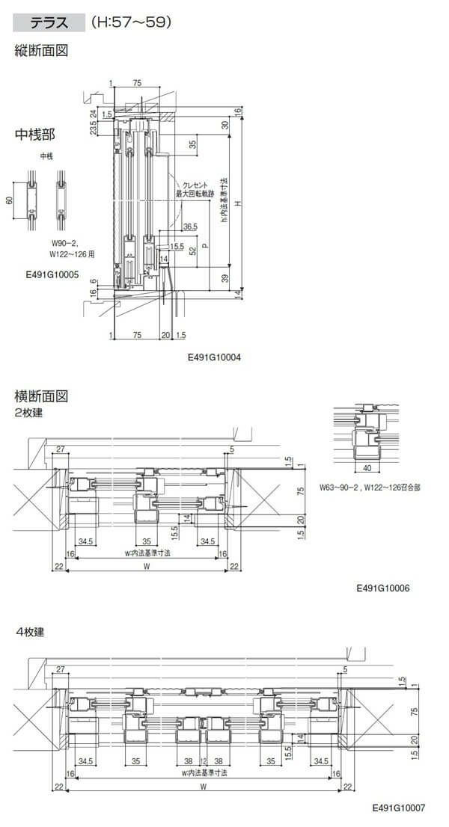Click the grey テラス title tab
pyautogui.click(x=48, y=23)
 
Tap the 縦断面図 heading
pyautogui.click(x=42, y=52)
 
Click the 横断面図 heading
pyautogui.click(x=42, y=396)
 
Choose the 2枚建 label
pyautogui.click(x=28, y=413)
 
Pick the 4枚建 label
pyautogui.click(x=30, y=632)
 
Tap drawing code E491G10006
pyautogui.click(x=382, y=588)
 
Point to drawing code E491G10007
pyautogui.click(x=398, y=808)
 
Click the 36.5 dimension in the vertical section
pyautogui.click(x=189, y=226)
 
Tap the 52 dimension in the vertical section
pyautogui.click(x=192, y=251)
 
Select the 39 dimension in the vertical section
pyautogui.click(x=225, y=277)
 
